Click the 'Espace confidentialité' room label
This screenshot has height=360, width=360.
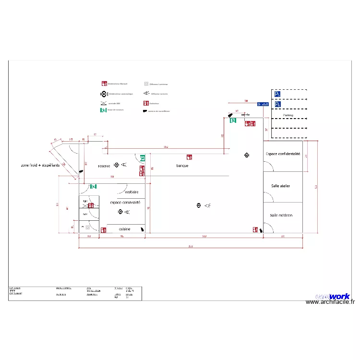point(283,154)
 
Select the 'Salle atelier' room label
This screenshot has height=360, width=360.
point(280,186)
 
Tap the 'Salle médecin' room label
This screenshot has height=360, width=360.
point(281,216)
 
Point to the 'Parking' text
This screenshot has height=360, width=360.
point(288,115)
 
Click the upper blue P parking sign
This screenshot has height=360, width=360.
point(277,95)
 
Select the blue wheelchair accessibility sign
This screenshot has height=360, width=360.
point(263,104)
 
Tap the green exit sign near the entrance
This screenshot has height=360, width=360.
point(233,120)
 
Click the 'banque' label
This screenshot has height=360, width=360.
point(182,166)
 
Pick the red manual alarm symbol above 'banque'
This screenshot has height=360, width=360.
point(190,157)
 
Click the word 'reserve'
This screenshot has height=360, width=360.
point(104,166)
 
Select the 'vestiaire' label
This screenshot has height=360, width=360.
point(132,192)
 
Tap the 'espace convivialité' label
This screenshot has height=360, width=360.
point(125,203)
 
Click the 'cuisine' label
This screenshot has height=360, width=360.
point(124,229)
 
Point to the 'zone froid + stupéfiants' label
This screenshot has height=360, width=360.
point(40,165)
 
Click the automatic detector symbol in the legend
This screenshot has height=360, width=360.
point(104,94)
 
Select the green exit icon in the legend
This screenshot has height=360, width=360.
point(103,110)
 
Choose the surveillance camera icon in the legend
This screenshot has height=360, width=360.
point(145,111)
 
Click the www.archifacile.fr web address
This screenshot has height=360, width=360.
point(330,302)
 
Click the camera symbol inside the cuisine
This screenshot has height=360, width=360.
point(142,230)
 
